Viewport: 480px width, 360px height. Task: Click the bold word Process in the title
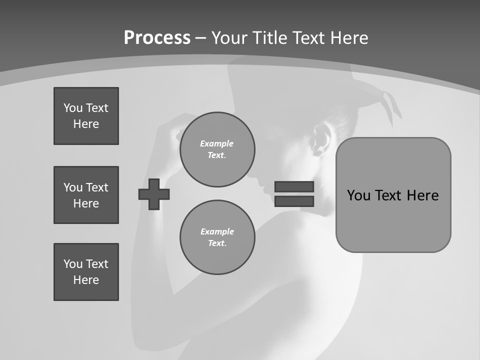click(x=157, y=38)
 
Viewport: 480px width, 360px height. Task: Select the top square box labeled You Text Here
click(x=86, y=116)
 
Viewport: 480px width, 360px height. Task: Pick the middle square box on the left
click(x=86, y=195)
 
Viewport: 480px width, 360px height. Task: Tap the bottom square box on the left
click(x=86, y=272)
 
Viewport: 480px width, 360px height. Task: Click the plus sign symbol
click(x=154, y=194)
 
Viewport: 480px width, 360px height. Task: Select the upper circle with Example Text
click(x=217, y=149)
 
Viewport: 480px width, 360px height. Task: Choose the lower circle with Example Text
click(x=217, y=237)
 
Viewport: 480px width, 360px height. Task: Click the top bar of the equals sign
click(x=294, y=187)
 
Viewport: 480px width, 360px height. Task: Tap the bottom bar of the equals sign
click(x=294, y=201)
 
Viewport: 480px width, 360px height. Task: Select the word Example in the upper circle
click(x=217, y=143)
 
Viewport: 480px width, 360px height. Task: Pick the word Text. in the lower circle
click(x=217, y=243)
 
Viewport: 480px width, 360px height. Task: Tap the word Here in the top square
click(x=86, y=124)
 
